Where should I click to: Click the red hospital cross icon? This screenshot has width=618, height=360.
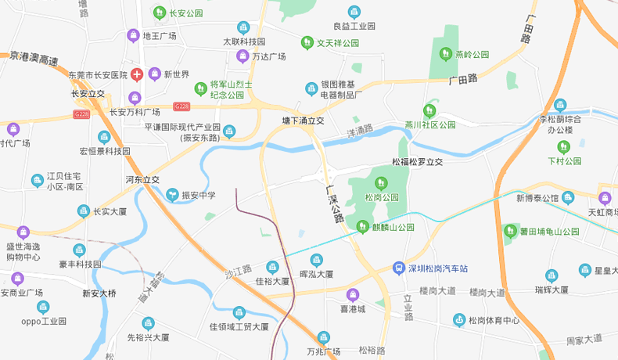coord(137,74)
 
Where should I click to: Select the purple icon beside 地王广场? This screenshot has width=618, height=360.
coord(134,35)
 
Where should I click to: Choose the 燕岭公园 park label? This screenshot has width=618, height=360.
coord(472,55)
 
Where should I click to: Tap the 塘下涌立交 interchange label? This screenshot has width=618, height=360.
coord(303,121)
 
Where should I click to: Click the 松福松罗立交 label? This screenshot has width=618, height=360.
coord(417,162)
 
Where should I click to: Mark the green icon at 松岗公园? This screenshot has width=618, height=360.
coord(381,183)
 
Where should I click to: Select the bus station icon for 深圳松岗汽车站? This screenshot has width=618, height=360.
coord(399,268)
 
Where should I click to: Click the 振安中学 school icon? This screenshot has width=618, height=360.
coord(172,195)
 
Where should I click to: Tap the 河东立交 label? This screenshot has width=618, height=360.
coord(142,180)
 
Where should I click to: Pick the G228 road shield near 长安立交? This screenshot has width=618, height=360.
coord(81,113)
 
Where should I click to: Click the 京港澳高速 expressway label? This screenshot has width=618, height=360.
coord(34,58)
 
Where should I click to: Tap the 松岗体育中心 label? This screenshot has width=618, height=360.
coord(494,320)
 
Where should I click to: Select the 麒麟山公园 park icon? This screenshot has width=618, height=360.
coord(362,227)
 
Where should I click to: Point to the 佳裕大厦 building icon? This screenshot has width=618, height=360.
coord(272,267)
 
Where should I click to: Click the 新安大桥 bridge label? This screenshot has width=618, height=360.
coord(99,293)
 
